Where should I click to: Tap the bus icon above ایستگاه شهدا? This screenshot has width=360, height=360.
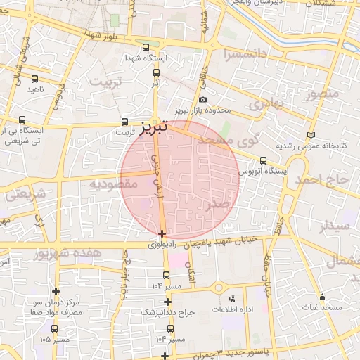[146, 48]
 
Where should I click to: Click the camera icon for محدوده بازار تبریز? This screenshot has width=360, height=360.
[203, 101]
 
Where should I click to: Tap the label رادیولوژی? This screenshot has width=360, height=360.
[163, 246]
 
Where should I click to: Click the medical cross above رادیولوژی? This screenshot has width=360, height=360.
[162, 233]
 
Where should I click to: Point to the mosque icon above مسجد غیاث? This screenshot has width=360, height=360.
[322, 297]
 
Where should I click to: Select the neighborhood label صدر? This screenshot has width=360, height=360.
[218, 205]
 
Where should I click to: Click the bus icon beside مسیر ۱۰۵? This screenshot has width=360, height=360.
[55, 328]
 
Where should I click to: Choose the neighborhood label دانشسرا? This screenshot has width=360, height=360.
[244, 54]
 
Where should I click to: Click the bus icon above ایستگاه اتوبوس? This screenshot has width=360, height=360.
[263, 160]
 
